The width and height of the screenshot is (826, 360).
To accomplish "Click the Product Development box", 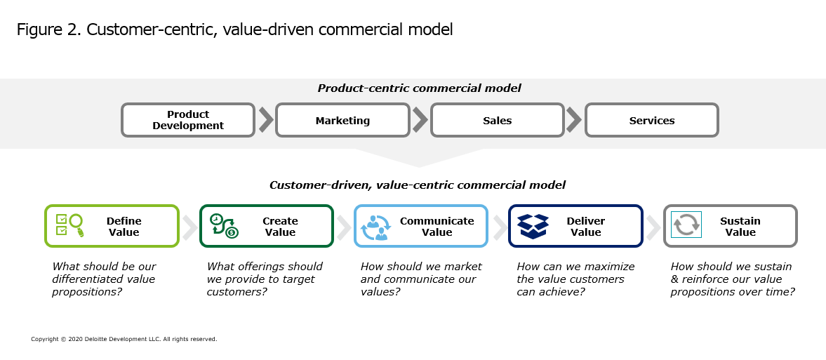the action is coord(188,120).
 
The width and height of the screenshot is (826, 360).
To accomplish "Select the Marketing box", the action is coord(342,120).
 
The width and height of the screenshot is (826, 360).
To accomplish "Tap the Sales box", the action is coord(498,120).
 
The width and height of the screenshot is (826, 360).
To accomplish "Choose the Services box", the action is coord(652,120).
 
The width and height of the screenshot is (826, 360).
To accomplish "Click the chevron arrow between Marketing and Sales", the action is coord(420,120).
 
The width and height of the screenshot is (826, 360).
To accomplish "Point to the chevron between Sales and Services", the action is coord(574,120).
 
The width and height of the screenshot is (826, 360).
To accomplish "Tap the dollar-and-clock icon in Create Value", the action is coord(224,225).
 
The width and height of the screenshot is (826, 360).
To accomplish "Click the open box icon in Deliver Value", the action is coord(533,226).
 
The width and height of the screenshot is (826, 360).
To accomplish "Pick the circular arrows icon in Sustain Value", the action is coord(686,225).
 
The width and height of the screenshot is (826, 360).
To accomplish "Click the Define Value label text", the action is coord(124,227).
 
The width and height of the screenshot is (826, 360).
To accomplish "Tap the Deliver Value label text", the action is coord(586,227).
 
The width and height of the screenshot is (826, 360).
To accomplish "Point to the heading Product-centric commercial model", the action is coord(420,88).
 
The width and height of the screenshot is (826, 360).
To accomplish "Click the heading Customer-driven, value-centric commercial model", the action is coord(418,185).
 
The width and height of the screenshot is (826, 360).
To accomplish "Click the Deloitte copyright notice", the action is coord(124,339).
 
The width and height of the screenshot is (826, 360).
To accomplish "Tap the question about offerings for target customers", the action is coord(265,279).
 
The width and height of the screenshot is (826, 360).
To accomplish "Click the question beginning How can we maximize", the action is coord(575,279).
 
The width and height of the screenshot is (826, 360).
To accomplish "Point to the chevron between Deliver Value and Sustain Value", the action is coord(653,227).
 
